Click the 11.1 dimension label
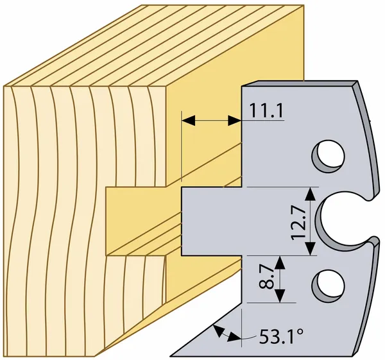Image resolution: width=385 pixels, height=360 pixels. pos(266,110)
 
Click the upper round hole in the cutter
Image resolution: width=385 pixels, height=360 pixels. pos(328,156)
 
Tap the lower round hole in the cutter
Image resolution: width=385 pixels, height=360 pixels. pos(328,286)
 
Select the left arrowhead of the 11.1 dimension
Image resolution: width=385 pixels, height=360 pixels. pos(189,121)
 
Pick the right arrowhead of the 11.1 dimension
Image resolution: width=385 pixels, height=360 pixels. pos(234,121)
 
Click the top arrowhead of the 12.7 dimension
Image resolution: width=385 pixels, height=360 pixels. pos(311,194)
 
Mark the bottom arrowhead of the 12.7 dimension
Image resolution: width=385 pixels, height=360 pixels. pos(311,248)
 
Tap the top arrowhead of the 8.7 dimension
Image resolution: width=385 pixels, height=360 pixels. pos(279,262)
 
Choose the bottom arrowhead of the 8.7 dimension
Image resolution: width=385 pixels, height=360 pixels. pos(279,296)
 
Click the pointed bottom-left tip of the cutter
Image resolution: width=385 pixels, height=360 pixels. pos(171,356)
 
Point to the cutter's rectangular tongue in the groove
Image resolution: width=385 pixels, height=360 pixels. pos(211,221)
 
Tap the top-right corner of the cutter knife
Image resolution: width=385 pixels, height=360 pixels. pos(357,81)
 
